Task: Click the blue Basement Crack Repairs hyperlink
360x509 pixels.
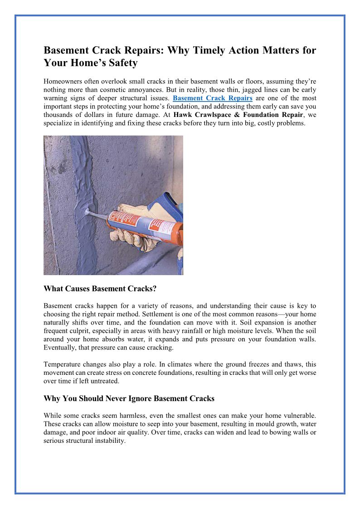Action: [x=213, y=98]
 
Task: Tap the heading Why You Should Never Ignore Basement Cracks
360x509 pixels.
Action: [x=129, y=399]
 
